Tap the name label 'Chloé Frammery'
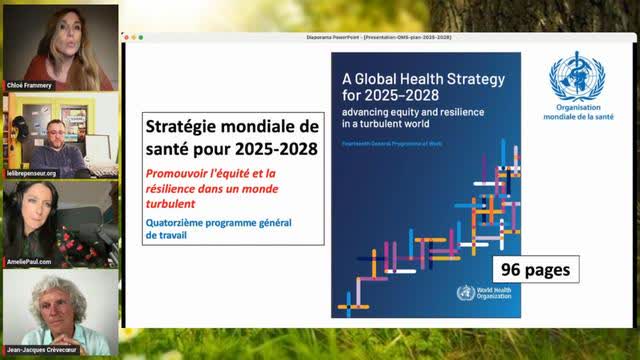29,85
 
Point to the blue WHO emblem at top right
576,78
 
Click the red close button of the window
127,37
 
